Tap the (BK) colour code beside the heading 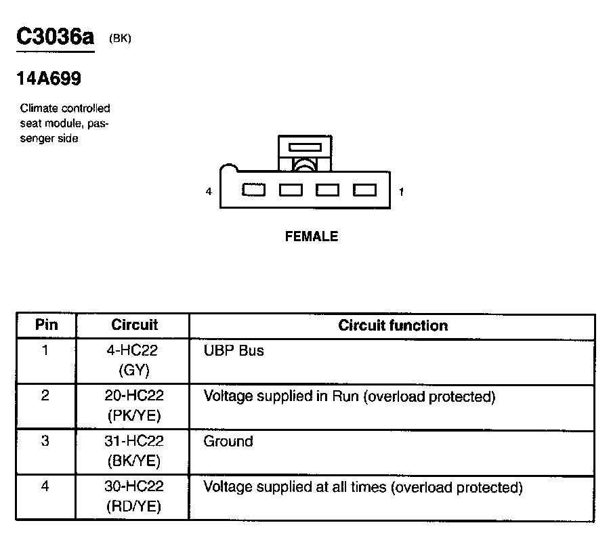(120, 39)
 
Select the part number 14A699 (49, 79)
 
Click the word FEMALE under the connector (311, 236)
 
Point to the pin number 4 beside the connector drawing (209, 192)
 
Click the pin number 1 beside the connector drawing (401, 192)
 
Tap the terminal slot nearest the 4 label (253, 190)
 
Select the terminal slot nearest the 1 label (364, 190)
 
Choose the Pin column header (46, 325)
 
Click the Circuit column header (134, 325)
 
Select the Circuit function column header (393, 325)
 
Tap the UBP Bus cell (234, 351)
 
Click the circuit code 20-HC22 (134, 396)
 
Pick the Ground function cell (228, 441)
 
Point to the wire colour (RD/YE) (134, 506)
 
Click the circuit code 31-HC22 (134, 441)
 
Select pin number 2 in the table (45, 396)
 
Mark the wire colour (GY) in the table (134, 370)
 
